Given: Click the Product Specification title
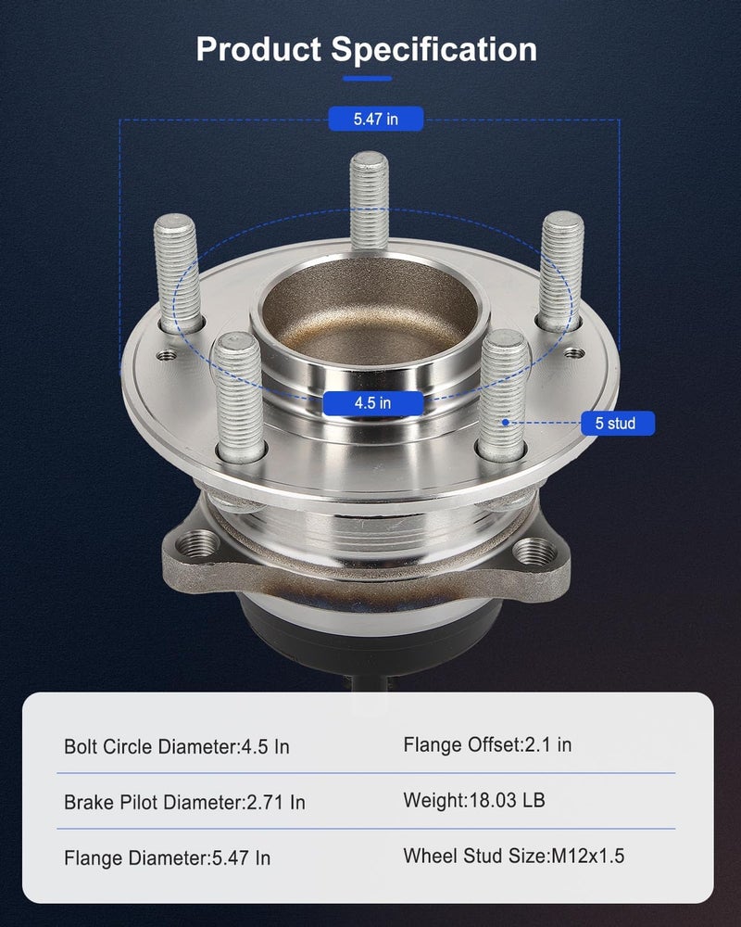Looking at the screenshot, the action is tap(367, 49).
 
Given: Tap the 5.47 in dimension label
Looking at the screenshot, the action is tap(376, 119).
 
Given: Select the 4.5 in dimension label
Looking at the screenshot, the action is tap(373, 403).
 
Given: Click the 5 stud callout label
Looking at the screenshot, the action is tap(618, 424).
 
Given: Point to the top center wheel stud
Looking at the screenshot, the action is tap(369, 200).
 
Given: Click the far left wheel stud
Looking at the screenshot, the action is tap(177, 273).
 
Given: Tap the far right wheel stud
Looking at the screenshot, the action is tap(561, 271).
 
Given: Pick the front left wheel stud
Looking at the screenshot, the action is tap(239, 396).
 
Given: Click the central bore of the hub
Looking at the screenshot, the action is tap(370, 313).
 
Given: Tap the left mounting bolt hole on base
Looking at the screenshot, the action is tap(198, 542).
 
